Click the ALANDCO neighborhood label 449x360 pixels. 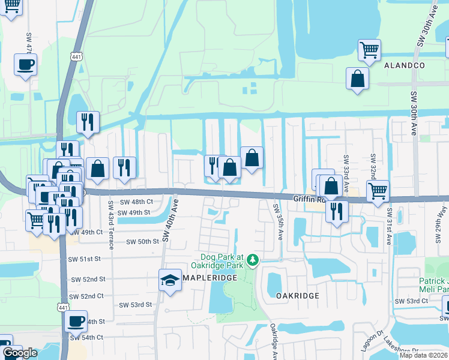tap(405, 65)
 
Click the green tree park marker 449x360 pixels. tap(253, 260)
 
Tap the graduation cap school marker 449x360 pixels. tap(170, 280)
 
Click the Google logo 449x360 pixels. tap(20, 353)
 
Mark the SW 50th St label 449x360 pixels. tap(142, 241)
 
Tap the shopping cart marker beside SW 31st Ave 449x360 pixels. tap(378, 191)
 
